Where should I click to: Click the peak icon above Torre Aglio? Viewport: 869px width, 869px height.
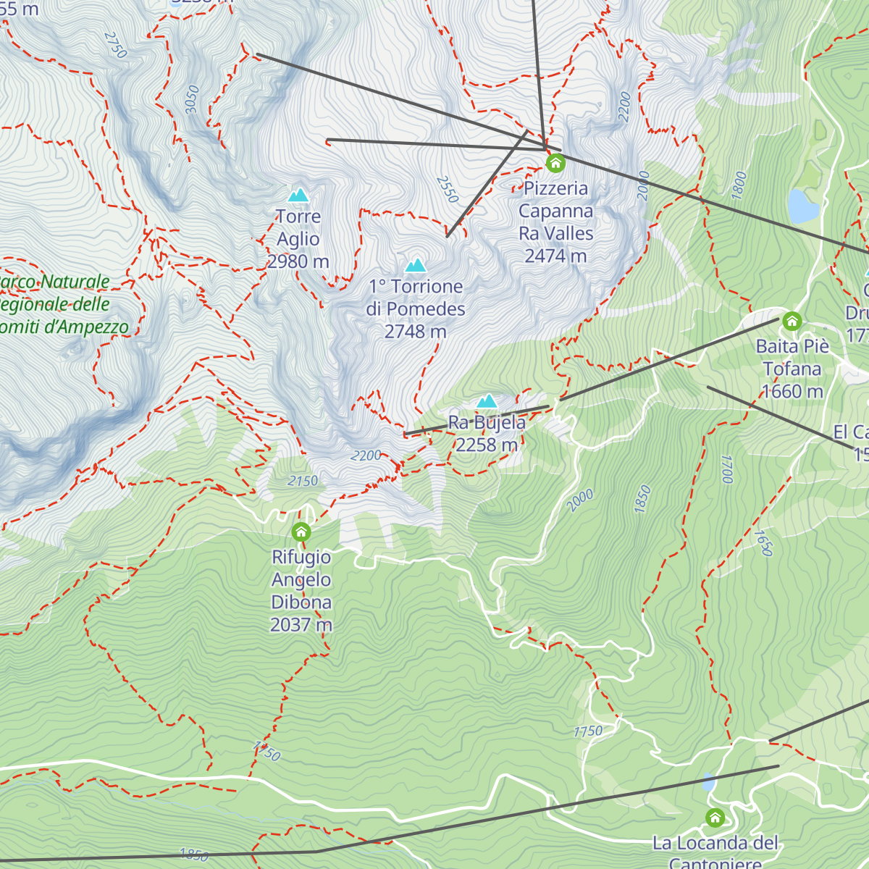pos(298,195)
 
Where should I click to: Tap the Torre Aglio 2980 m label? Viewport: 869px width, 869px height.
pos(298,239)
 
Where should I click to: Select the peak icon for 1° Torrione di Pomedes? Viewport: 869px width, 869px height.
pos(415,265)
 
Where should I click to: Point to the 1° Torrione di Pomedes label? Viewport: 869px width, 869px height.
pos(416,309)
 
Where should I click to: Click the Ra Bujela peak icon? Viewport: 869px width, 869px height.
pos(487,401)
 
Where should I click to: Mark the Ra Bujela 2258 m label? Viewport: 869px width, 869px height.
pos(487,434)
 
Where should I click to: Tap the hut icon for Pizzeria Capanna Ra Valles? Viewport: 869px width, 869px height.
pos(555,164)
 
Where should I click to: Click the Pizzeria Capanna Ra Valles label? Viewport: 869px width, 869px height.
pos(555,222)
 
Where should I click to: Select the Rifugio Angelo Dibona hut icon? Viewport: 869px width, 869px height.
pos(301,533)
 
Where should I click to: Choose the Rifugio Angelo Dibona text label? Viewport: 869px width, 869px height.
pos(301,590)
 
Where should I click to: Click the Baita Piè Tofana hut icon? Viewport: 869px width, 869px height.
pos(792,321)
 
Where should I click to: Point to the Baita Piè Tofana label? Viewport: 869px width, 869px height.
pos(792,369)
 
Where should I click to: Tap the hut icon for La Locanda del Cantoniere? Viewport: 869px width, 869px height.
pos(715,818)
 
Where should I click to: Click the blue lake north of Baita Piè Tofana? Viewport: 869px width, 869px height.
pos(803,206)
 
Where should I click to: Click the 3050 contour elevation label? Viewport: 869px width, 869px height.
pos(191,99)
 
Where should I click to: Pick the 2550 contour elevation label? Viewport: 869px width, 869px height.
pos(448,190)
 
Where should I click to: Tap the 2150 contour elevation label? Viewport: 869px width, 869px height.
pos(303,481)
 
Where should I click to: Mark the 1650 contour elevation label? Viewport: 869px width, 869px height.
pos(763,543)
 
